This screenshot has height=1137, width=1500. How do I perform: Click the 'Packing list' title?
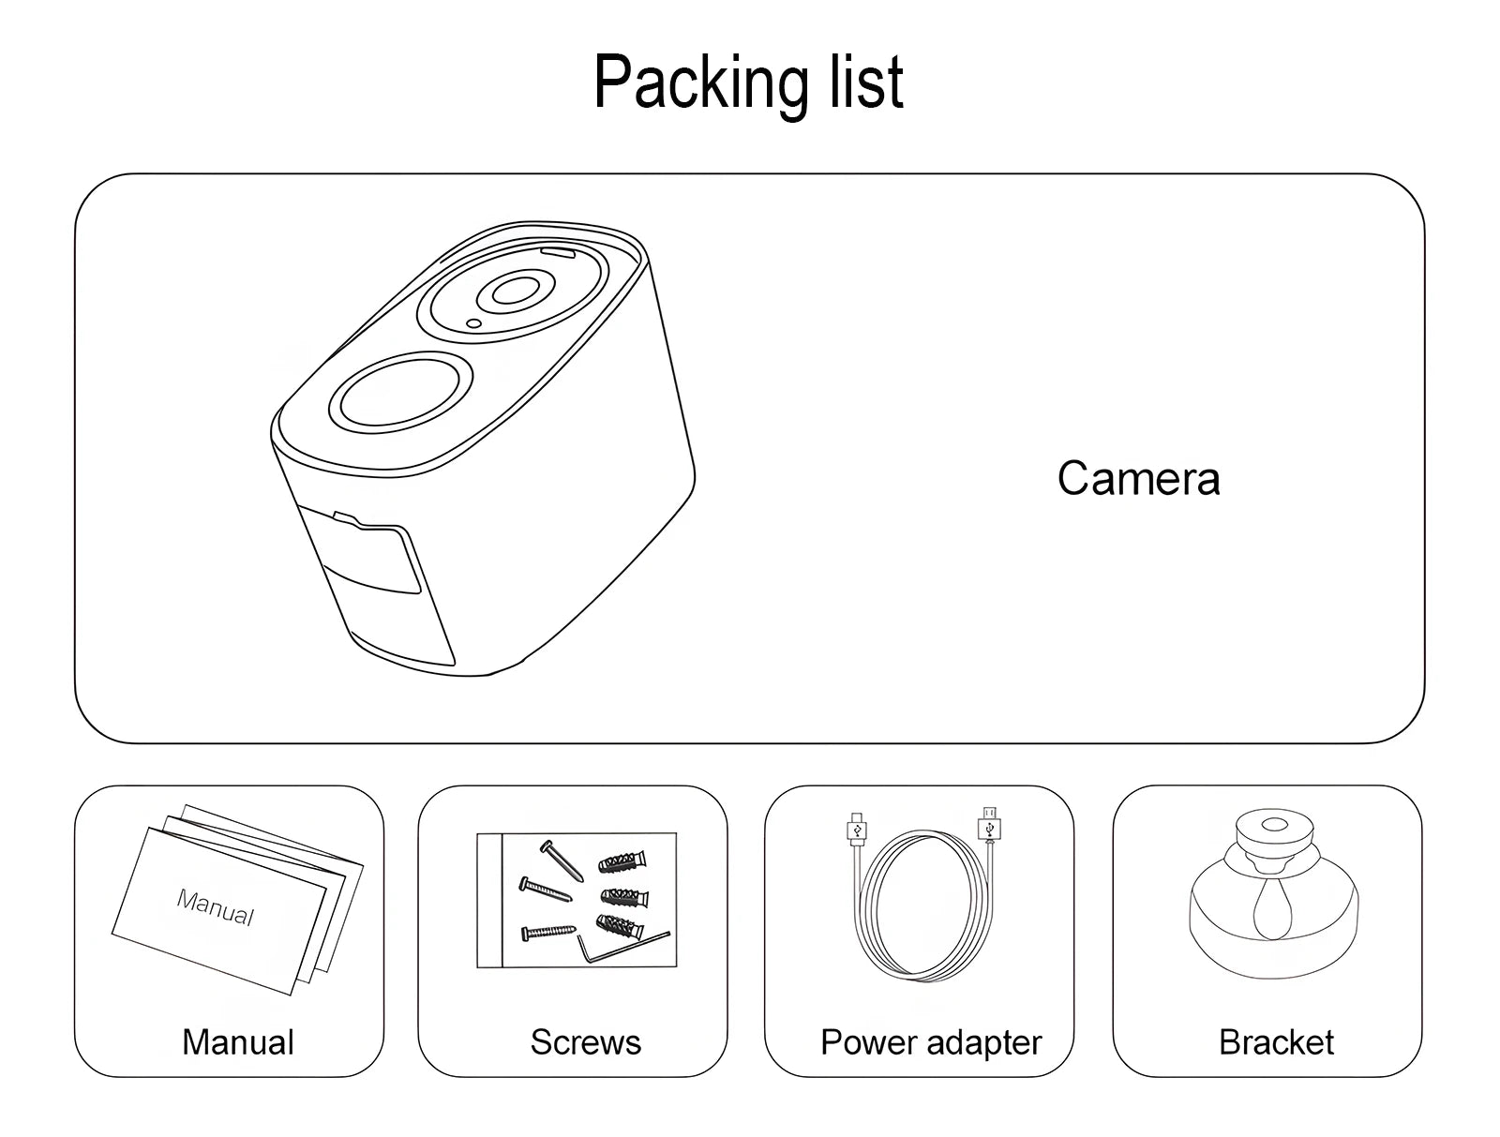tap(748, 82)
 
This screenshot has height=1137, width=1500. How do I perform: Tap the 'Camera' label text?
tap(1138, 479)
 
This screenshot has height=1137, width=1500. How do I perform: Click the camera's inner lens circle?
tap(511, 292)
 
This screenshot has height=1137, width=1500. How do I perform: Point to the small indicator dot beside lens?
tap(473, 324)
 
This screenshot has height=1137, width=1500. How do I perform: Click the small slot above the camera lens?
tap(557, 251)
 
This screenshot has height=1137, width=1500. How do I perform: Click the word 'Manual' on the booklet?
tap(216, 907)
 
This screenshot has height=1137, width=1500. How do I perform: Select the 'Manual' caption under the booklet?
tap(237, 1042)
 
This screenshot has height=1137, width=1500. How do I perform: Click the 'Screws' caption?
tap(585, 1042)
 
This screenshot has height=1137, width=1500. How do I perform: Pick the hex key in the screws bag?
tap(619, 948)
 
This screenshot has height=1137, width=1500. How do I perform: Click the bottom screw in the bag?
tap(549, 931)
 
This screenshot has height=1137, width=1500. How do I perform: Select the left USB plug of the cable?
tap(856, 829)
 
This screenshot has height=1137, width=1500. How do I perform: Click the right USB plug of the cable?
tap(989, 826)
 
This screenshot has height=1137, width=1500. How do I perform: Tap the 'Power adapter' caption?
tap(930, 1042)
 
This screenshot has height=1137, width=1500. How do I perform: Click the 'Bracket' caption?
tap(1276, 1042)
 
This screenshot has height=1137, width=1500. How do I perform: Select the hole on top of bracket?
tap(1274, 825)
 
